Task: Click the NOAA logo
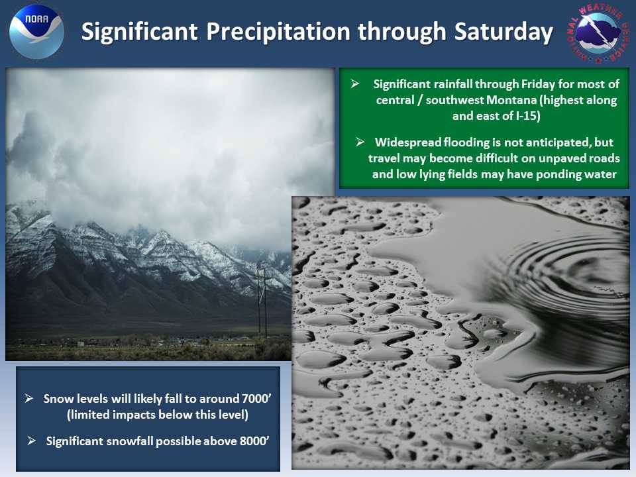click(x=37, y=32)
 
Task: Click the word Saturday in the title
click(x=503, y=32)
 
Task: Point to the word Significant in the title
click(x=140, y=32)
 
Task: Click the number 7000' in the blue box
click(x=256, y=399)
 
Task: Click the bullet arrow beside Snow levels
click(x=28, y=398)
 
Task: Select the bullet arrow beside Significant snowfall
click(x=31, y=441)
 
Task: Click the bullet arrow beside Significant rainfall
click(x=355, y=83)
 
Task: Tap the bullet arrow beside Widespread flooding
click(x=360, y=142)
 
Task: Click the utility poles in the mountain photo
click(x=262, y=302)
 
